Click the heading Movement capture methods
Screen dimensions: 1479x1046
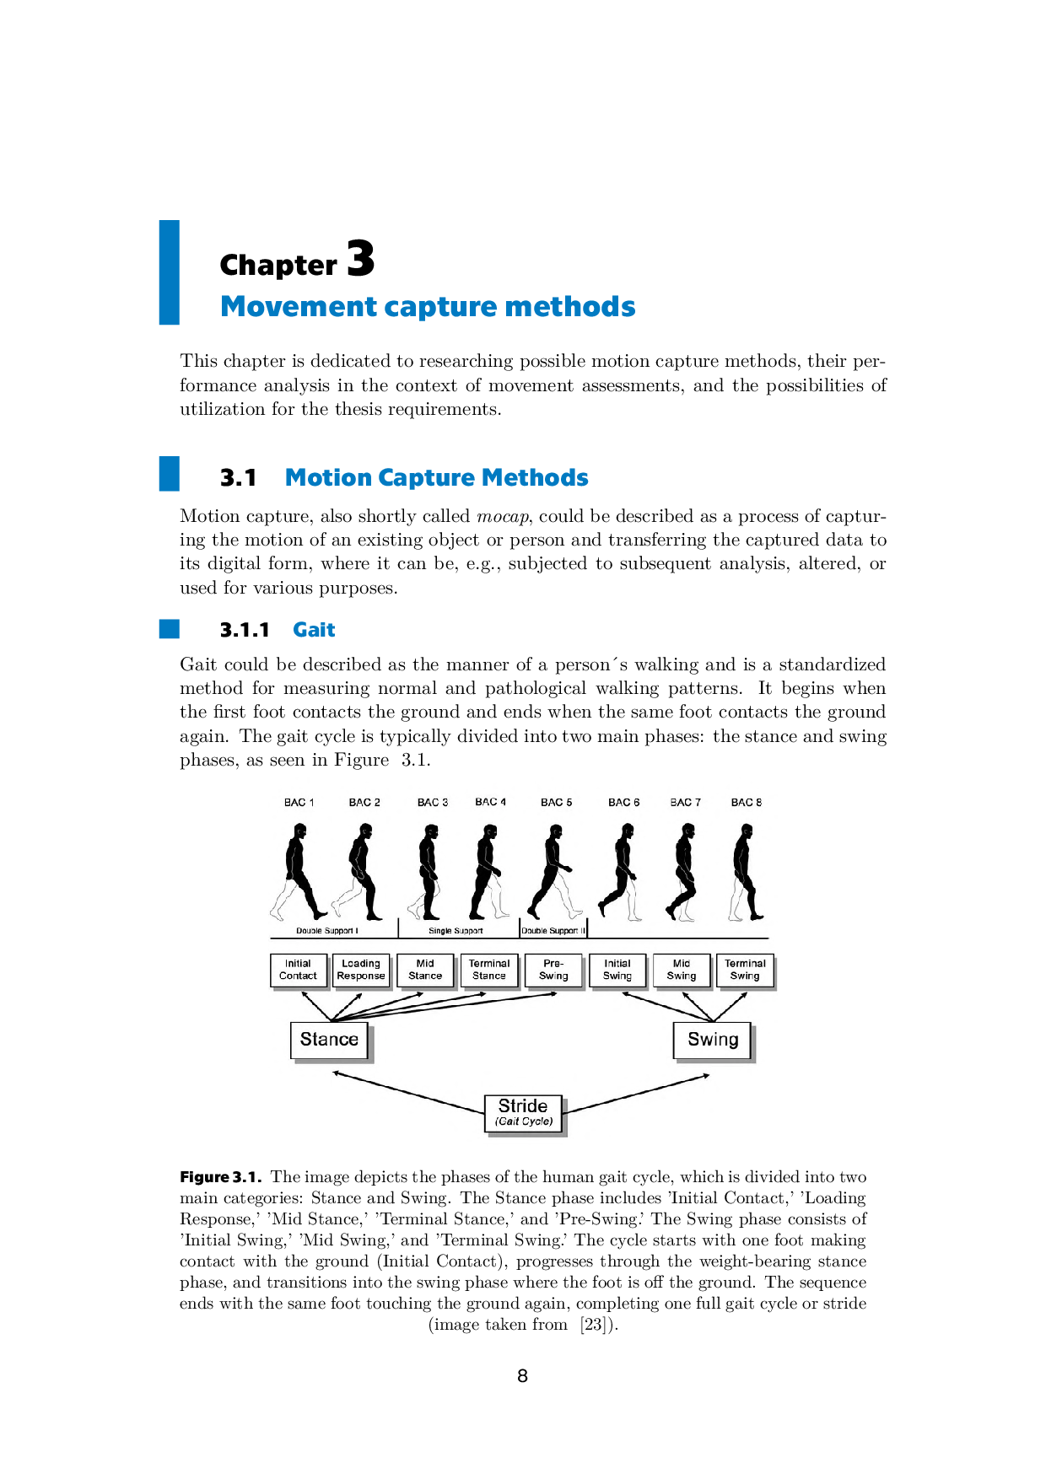click(x=428, y=307)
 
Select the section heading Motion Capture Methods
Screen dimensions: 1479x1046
click(x=436, y=478)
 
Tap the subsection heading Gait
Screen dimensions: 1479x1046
click(x=314, y=630)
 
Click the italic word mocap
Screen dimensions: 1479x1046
click(x=503, y=516)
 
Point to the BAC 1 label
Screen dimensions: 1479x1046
click(x=299, y=803)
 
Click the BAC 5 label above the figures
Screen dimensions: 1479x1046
click(x=556, y=803)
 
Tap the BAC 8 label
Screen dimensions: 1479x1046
click(x=746, y=803)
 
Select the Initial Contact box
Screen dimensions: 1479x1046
click(x=298, y=970)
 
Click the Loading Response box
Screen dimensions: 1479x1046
click(x=361, y=970)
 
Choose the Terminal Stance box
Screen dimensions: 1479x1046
click(x=489, y=970)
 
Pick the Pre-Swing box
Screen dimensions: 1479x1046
click(x=553, y=970)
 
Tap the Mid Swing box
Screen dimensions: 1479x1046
click(x=682, y=970)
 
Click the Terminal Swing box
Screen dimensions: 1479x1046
click(x=745, y=970)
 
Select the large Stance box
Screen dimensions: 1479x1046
click(x=329, y=1040)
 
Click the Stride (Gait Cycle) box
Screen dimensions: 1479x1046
click(x=523, y=1112)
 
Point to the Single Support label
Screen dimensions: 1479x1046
click(x=456, y=931)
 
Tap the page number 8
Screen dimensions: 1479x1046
click(x=523, y=1376)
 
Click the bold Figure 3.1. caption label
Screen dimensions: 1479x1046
click(x=220, y=1177)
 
